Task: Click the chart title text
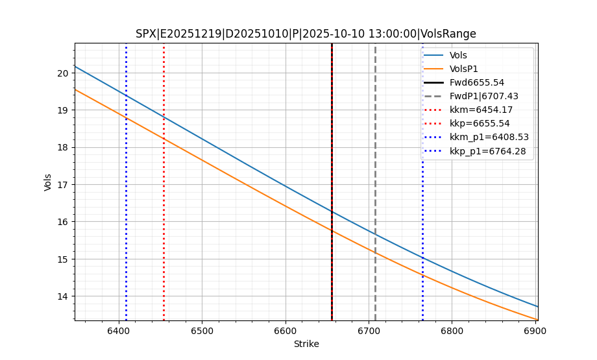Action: click(x=306, y=34)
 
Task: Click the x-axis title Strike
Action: click(x=306, y=344)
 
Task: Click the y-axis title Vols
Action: click(x=48, y=182)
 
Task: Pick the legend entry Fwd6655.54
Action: click(x=476, y=82)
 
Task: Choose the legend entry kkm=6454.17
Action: click(x=481, y=110)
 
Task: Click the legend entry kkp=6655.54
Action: click(x=481, y=123)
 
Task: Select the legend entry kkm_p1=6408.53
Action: click(x=487, y=137)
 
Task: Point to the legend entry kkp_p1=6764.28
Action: click(x=487, y=151)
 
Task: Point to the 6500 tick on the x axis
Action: click(x=202, y=331)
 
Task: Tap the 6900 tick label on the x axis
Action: click(x=535, y=331)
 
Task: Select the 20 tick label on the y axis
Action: click(x=63, y=73)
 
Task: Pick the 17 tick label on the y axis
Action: click(x=63, y=185)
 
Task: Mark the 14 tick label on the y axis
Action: click(x=63, y=296)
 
